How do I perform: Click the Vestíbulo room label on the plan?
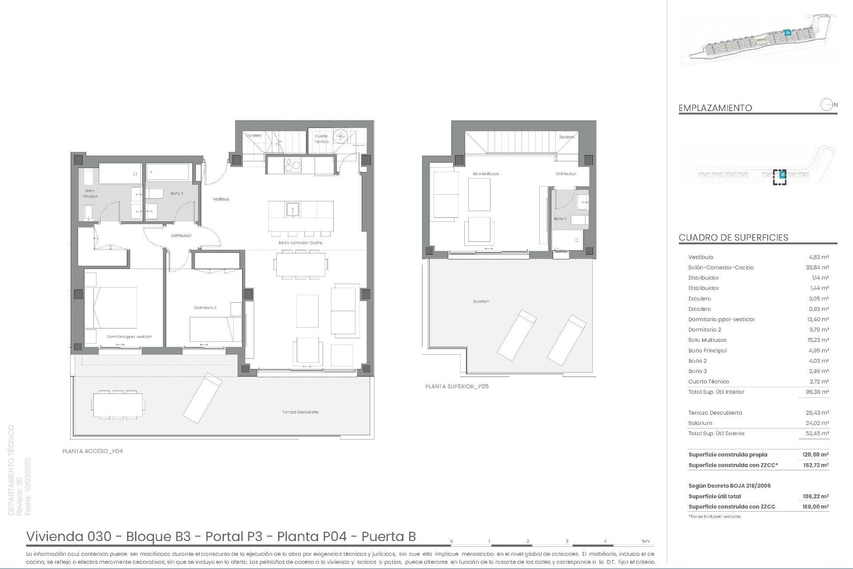[x=221, y=199]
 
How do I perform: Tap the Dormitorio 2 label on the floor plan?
[x=205, y=308]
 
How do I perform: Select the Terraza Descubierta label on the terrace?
[x=300, y=412]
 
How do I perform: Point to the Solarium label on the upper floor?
[x=481, y=301]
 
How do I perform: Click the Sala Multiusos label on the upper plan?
[x=486, y=174]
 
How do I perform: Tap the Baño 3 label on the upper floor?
[x=560, y=219]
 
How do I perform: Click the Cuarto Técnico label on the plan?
[x=321, y=139]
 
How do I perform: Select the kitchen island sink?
[x=293, y=208]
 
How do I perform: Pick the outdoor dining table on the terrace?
[x=118, y=405]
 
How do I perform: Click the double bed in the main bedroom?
[x=111, y=308]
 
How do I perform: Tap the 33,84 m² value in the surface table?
[x=818, y=268]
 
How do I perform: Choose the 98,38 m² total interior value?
[x=818, y=392]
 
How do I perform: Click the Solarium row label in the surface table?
[x=700, y=423]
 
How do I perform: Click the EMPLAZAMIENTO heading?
[x=715, y=108]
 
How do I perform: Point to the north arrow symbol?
[x=826, y=105]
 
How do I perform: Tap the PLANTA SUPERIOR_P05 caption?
[x=457, y=386]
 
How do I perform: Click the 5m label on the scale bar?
[x=646, y=541]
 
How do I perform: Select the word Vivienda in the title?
[x=54, y=537]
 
